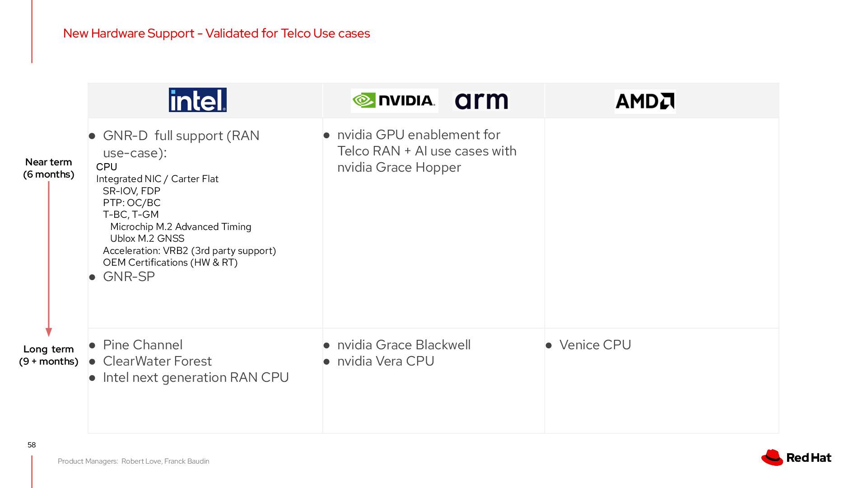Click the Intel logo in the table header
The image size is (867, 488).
click(x=197, y=100)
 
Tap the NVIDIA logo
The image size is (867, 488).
click(x=394, y=100)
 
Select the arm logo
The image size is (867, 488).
click(x=481, y=101)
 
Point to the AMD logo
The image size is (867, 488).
click(x=645, y=101)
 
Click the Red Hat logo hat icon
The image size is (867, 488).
click(x=772, y=457)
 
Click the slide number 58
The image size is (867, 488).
click(x=32, y=445)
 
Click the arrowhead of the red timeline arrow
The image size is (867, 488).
click(x=49, y=332)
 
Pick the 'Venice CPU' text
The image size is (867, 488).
click(x=595, y=345)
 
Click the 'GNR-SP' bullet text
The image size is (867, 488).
click(x=129, y=277)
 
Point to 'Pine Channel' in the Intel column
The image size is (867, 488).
click(x=143, y=345)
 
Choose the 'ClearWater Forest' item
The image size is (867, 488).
click(x=157, y=361)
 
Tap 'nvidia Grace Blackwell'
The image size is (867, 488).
click(x=404, y=345)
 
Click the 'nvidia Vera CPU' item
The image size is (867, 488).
click(x=386, y=361)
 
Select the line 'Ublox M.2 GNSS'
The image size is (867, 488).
click(x=147, y=239)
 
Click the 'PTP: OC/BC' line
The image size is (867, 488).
click(x=131, y=203)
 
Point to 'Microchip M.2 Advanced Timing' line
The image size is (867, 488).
click(x=181, y=227)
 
